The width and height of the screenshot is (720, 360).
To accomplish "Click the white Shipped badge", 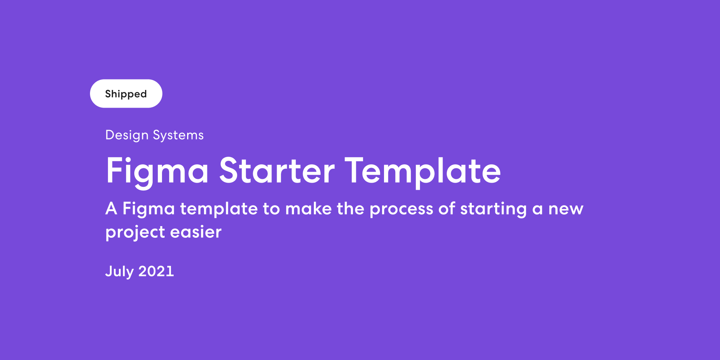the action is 126,94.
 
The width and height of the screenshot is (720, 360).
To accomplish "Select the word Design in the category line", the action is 127,135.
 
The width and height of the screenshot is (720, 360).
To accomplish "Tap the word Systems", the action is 178,135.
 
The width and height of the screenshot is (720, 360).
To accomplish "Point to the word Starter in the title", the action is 277,171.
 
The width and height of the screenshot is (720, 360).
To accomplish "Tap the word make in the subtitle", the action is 308,208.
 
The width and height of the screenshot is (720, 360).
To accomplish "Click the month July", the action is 119,271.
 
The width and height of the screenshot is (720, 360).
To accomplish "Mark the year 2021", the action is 156,271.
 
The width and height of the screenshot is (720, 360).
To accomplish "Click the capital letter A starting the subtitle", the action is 111,208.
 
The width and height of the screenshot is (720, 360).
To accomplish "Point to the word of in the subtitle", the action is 447,208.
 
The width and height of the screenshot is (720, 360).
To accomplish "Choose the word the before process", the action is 351,208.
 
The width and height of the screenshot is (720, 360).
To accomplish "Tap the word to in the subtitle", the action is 271,209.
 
